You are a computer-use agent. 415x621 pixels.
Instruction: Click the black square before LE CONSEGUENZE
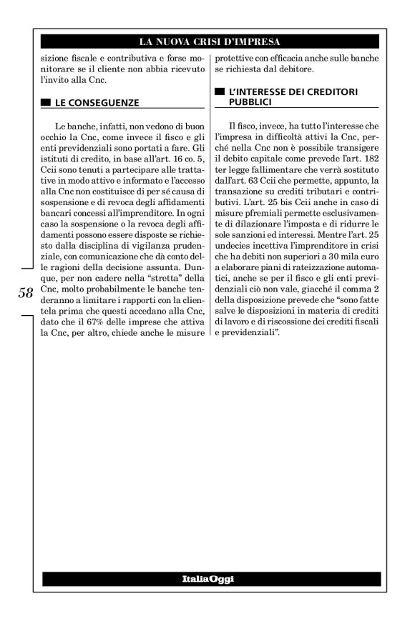click(x=46, y=102)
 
